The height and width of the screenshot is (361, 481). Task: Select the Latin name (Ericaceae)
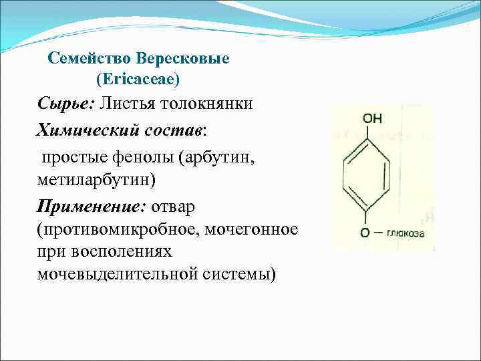[x=138, y=80]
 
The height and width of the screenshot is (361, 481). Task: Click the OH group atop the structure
[x=372, y=119]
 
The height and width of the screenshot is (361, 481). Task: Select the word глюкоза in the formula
[x=406, y=233]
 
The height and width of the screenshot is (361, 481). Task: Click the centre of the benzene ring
[x=365, y=176]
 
